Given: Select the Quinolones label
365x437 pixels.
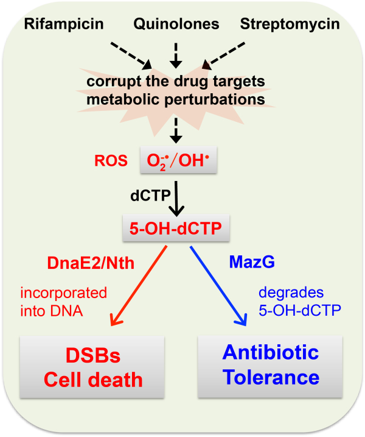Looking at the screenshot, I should (x=176, y=26).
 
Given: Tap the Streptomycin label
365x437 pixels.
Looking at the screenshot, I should (x=290, y=26).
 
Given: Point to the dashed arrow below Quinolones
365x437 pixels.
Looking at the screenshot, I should (x=176, y=53).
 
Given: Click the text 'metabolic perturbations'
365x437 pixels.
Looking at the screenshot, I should (x=176, y=98).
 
